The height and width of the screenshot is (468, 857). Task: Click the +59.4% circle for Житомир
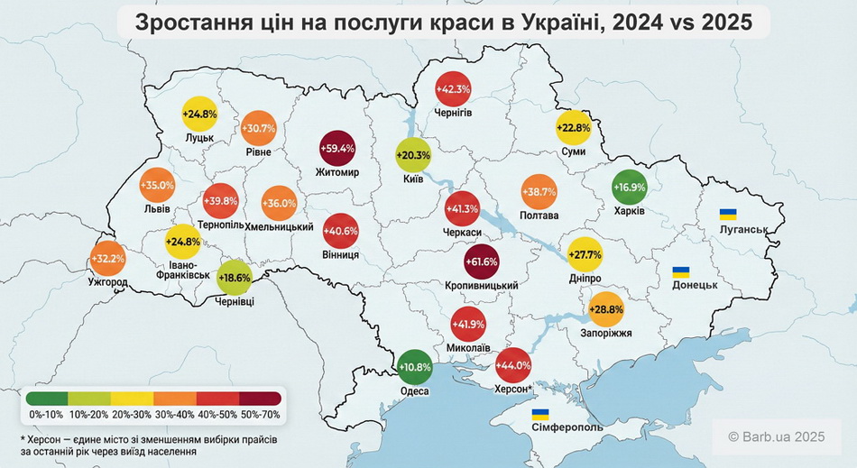338,148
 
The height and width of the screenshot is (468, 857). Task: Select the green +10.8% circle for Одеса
416,367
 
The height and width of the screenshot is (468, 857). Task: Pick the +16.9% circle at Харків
630,188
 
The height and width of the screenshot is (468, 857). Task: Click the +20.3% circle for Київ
414,154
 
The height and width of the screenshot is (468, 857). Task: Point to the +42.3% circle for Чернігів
453,89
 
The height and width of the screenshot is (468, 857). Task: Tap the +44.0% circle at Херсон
513,365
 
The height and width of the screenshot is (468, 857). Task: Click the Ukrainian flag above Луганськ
727,215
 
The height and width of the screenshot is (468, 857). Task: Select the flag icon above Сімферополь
540,414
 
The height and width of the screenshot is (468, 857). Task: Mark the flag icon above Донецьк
683,271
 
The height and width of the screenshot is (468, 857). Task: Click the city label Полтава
539,216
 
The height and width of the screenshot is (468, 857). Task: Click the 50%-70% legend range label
261,413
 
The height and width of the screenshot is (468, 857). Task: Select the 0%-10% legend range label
45,413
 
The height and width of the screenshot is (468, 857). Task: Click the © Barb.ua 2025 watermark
776,437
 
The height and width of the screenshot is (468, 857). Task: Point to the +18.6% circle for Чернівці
234,279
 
